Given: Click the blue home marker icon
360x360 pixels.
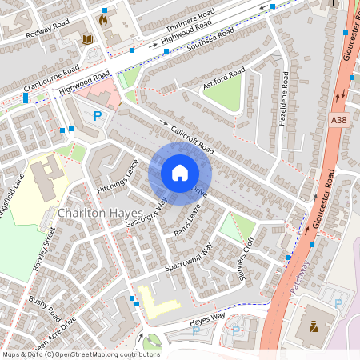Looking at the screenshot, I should pyautogui.click(x=180, y=173).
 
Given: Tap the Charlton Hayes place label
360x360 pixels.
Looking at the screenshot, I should pyautogui.click(x=101, y=214).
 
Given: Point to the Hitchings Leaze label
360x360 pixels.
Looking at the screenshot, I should pyautogui.click(x=118, y=178).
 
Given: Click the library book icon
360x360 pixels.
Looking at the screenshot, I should pyautogui.click(x=87, y=39).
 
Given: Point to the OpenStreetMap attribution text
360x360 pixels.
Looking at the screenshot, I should pyautogui.click(x=80, y=354).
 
